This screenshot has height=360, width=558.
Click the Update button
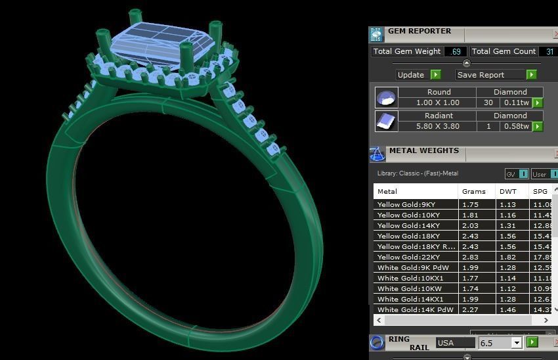click(x=418, y=75)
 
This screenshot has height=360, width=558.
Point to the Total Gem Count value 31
click(x=549, y=51)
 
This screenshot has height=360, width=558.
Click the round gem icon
click(x=386, y=98)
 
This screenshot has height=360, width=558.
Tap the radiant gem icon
click(x=386, y=121)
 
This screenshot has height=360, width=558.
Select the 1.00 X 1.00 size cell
click(x=438, y=103)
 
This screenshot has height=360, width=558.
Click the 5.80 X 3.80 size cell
click(x=438, y=126)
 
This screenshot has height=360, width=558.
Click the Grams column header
click(x=474, y=191)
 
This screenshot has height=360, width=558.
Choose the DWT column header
click(x=509, y=191)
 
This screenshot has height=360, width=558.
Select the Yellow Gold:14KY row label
click(x=408, y=225)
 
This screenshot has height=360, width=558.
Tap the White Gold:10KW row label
click(x=408, y=288)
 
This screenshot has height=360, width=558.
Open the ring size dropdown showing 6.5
click(x=516, y=343)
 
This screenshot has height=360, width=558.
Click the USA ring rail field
click(x=455, y=343)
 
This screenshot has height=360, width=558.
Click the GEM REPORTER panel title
click(x=419, y=31)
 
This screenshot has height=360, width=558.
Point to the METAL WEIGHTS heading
click(x=423, y=150)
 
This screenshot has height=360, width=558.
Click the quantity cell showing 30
click(x=488, y=103)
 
